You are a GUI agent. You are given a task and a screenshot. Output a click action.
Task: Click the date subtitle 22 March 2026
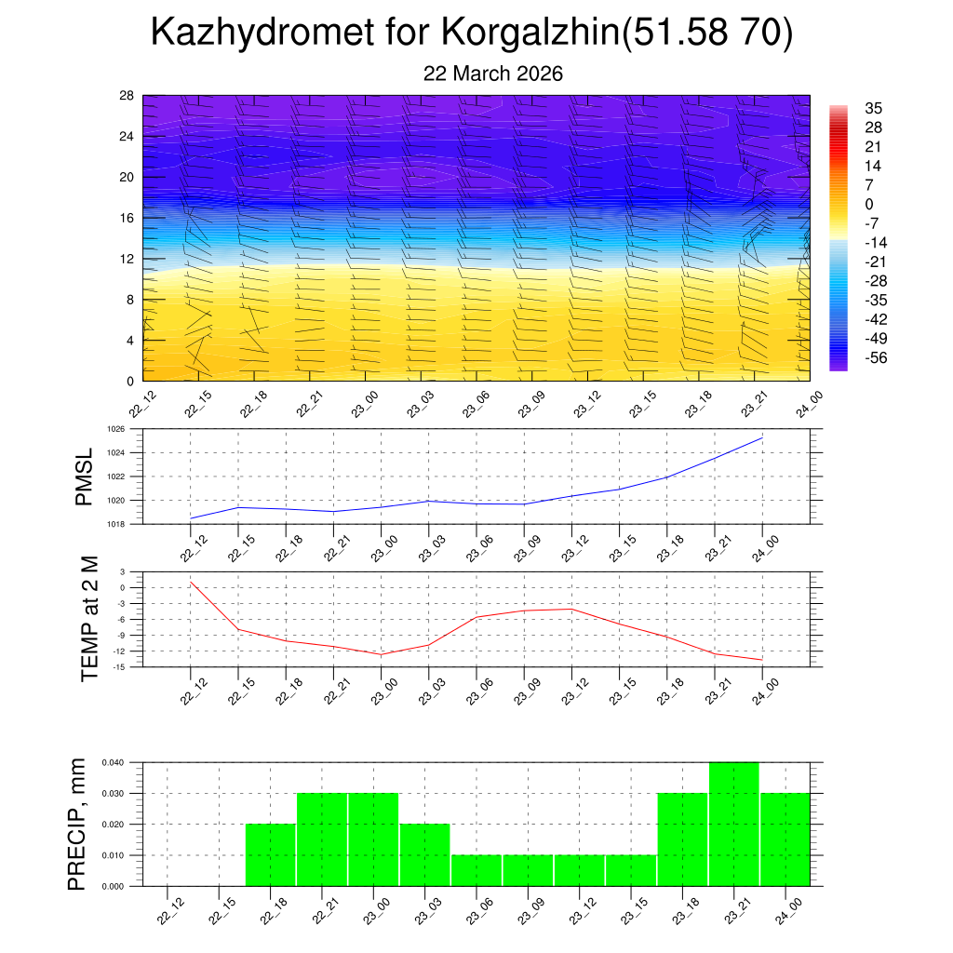(x=493, y=74)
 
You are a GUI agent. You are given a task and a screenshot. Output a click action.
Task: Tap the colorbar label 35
(x=873, y=108)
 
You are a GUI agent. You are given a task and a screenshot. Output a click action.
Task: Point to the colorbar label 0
(x=869, y=205)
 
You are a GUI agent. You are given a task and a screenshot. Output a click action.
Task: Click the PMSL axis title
(x=84, y=476)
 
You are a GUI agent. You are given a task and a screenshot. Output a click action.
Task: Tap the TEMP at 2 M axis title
(x=89, y=619)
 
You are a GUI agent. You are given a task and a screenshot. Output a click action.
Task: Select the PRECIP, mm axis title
(x=78, y=824)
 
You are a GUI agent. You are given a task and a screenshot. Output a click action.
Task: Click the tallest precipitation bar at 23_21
(x=733, y=824)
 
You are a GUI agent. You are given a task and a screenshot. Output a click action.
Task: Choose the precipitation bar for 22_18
(x=271, y=854)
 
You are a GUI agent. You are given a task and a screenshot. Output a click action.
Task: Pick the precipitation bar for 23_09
(x=528, y=870)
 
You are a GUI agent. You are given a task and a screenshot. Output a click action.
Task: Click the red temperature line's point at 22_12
(x=191, y=583)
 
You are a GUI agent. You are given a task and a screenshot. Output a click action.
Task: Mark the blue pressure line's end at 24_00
(x=762, y=437)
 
